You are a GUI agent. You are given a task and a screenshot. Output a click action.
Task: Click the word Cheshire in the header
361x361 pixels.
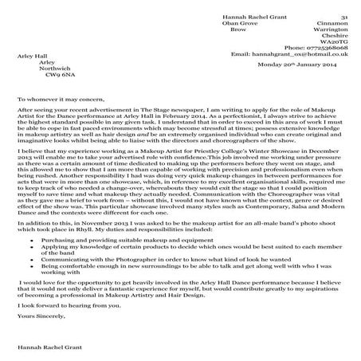click(334, 31)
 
